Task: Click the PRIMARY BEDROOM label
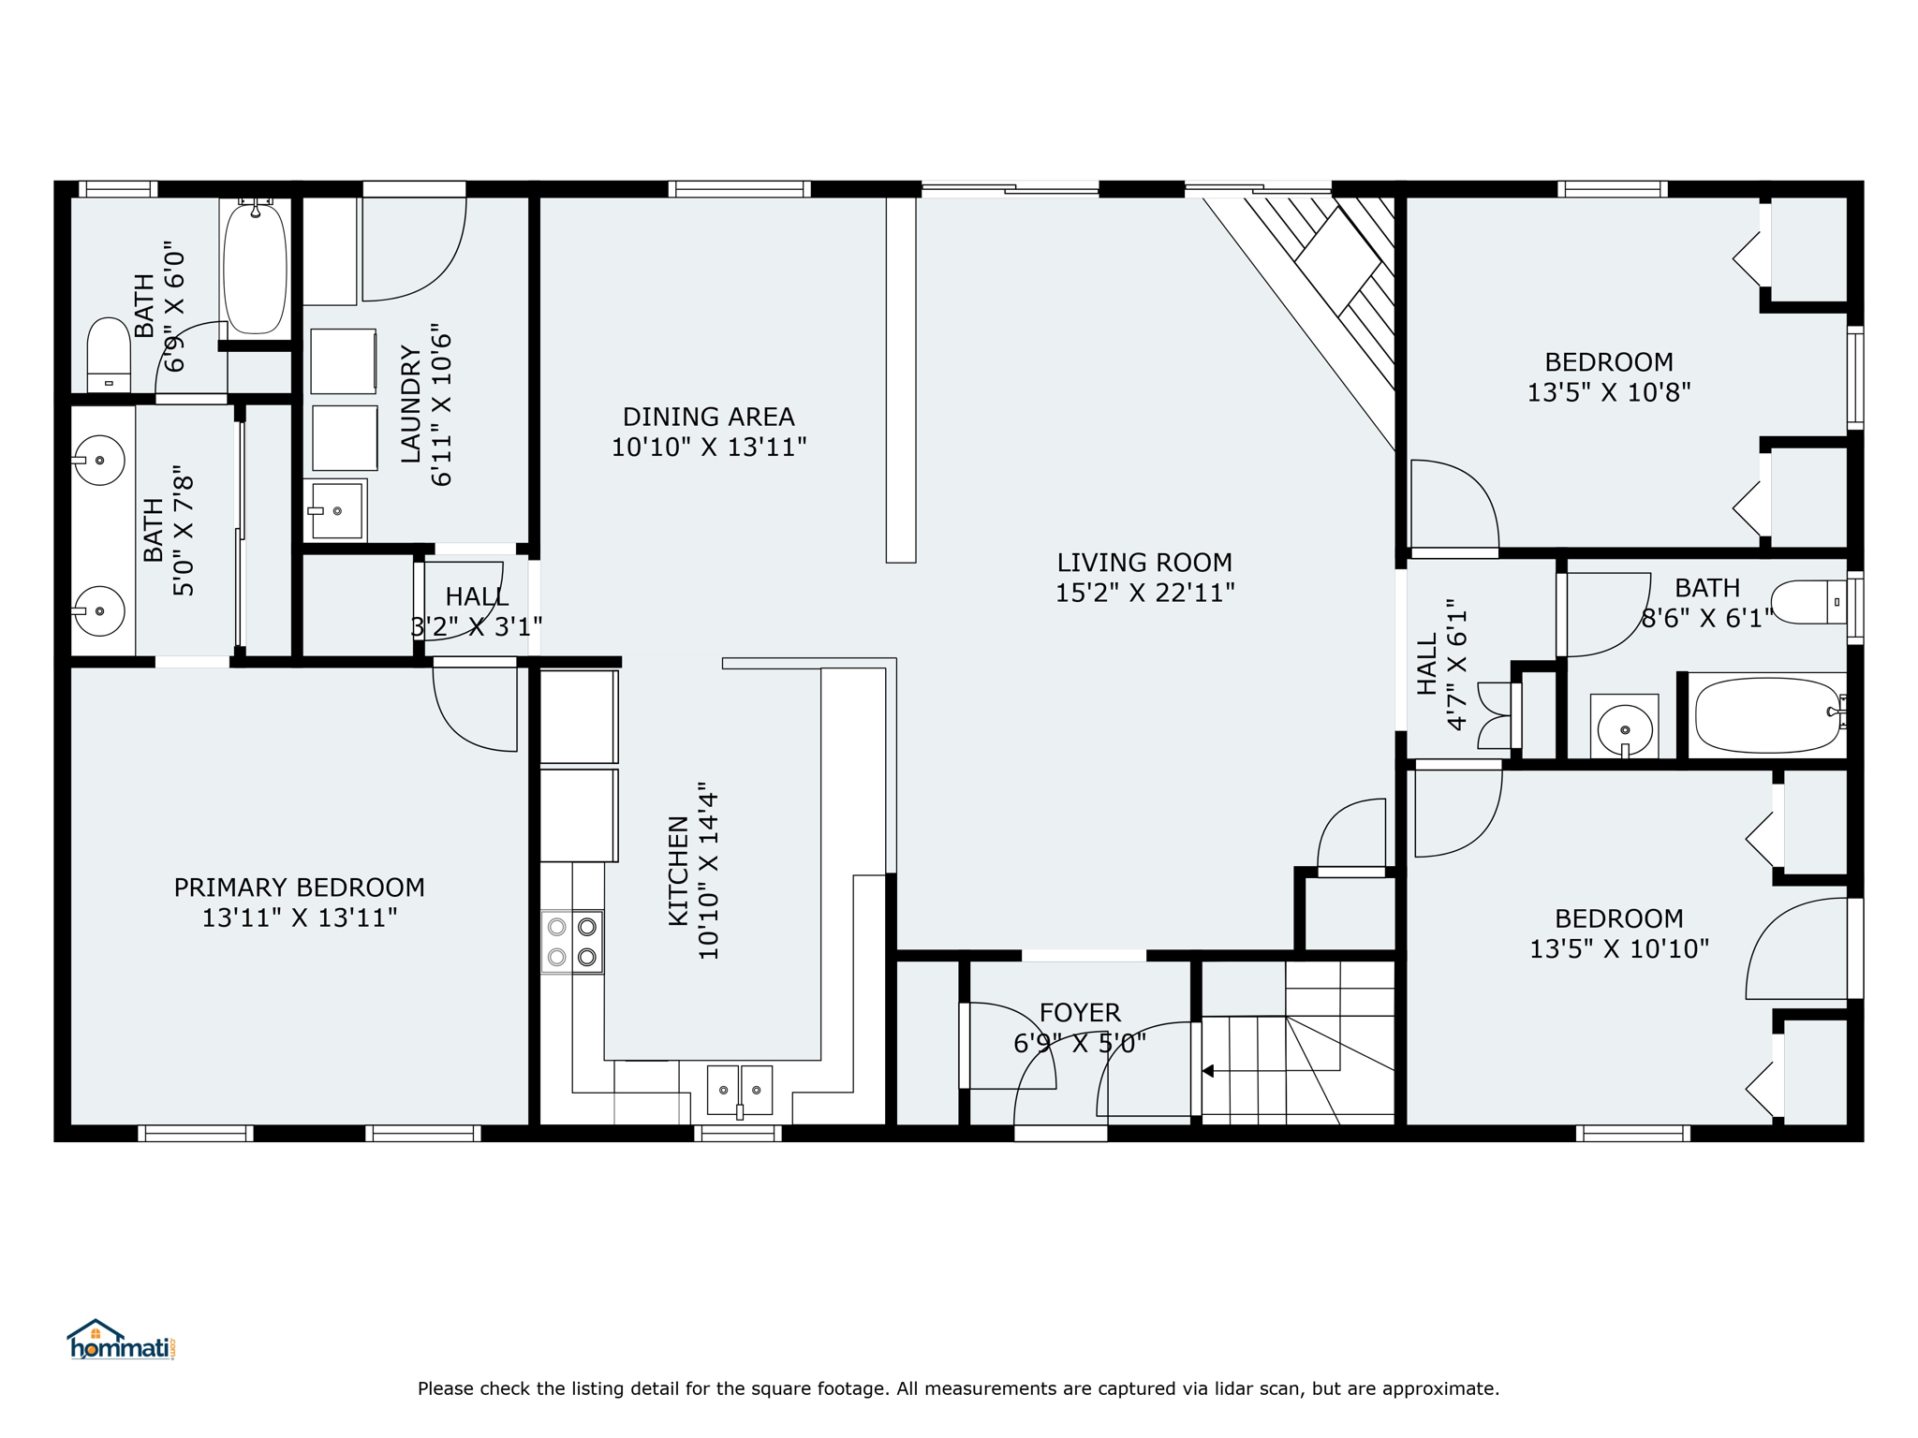pos(299,888)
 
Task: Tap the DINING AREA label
pos(708,417)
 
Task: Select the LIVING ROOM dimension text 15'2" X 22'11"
pos(1144,593)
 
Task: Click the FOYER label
pos(1080,1012)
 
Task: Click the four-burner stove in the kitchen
pos(572,941)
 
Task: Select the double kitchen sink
pos(739,1091)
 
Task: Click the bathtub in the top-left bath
pos(255,267)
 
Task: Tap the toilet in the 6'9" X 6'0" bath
pos(109,355)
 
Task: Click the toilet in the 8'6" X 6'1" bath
pos(1809,603)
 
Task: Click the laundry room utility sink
pos(334,510)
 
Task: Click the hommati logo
pos(121,1340)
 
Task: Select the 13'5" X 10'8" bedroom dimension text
pos(1608,392)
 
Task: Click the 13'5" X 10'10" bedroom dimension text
pos(1618,949)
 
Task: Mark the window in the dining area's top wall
pos(739,189)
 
